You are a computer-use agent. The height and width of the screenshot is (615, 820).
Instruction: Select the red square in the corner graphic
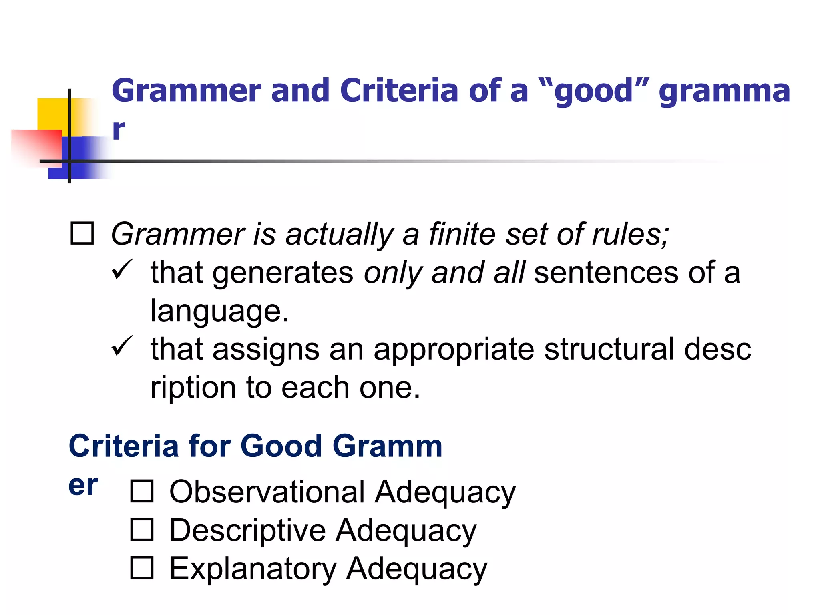(x=36, y=146)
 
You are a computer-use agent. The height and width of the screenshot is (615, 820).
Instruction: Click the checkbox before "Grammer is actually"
(x=82, y=233)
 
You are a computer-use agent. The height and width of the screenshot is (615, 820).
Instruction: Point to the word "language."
(x=219, y=311)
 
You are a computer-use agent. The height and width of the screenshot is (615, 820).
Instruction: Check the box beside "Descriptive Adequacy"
(x=142, y=529)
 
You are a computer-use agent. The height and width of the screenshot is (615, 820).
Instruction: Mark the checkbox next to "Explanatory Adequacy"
(x=142, y=568)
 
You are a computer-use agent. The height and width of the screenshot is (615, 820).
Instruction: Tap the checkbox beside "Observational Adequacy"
(x=142, y=491)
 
